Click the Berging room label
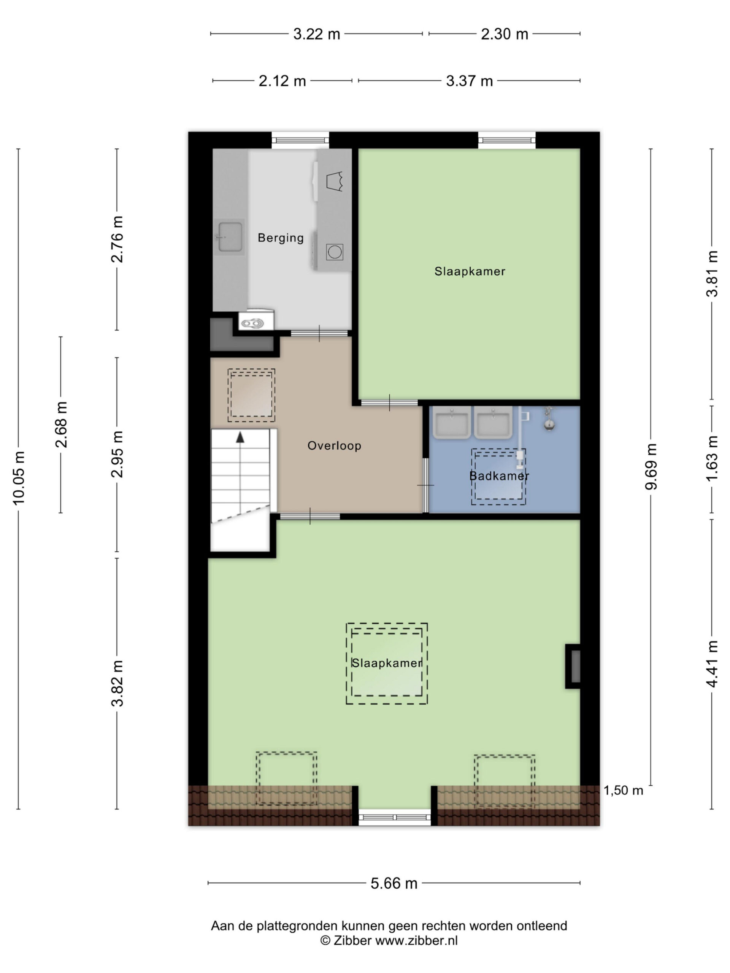pyautogui.click(x=280, y=238)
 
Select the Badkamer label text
pyautogui.click(x=499, y=475)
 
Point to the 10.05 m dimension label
pyautogui.click(x=19, y=478)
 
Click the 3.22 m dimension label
pyautogui.click(x=317, y=34)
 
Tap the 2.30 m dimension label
pyautogui.click(x=504, y=34)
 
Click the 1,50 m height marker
pyautogui.click(x=623, y=790)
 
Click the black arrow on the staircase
pyautogui.click(x=240, y=437)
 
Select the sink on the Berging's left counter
pyautogui.click(x=230, y=237)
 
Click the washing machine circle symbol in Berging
pyautogui.click(x=335, y=252)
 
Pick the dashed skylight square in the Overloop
pyautogui.click(x=251, y=395)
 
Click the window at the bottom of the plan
pyautogui.click(x=395, y=817)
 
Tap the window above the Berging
pyautogui.click(x=300, y=140)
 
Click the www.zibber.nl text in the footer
pyautogui.click(x=417, y=940)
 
